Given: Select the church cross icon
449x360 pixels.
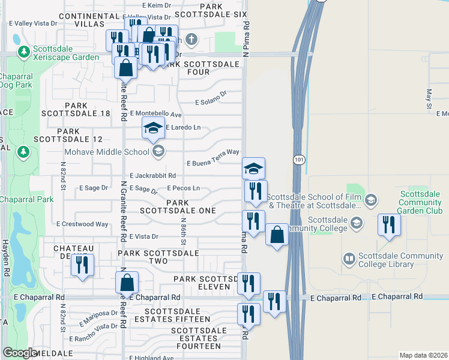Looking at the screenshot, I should [191, 41].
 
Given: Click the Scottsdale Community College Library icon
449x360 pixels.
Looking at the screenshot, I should [349, 259].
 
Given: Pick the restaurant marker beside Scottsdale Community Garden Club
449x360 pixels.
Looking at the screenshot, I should [389, 226].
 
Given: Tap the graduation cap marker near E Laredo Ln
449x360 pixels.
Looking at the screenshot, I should [153, 127].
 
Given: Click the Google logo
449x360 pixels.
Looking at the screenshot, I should [20, 353].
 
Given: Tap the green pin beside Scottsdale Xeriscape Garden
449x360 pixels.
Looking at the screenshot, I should [23, 52].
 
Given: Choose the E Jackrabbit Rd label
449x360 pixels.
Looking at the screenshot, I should [152, 176].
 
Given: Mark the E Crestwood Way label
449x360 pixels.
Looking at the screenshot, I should [82, 224].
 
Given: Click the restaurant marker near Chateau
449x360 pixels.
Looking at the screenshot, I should [82, 264].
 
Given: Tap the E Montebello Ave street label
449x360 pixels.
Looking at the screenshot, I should [155, 114].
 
